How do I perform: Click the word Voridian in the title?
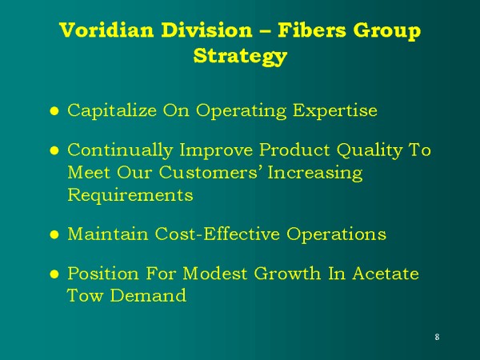106,30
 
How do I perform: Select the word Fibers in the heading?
312,30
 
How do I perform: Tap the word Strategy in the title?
240,57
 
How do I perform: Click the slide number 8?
437,337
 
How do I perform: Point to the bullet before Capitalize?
54,111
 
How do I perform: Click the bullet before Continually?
54,150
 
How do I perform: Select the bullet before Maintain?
54,234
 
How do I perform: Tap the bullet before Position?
54,274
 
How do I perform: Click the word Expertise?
335,111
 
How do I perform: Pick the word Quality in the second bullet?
370,150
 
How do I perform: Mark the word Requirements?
130,195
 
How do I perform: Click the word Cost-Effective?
218,234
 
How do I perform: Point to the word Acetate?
386,274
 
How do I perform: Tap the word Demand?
148,295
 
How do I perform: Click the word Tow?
85,295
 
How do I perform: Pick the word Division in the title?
207,30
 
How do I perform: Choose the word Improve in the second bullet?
217,151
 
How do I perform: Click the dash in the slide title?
265,31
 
